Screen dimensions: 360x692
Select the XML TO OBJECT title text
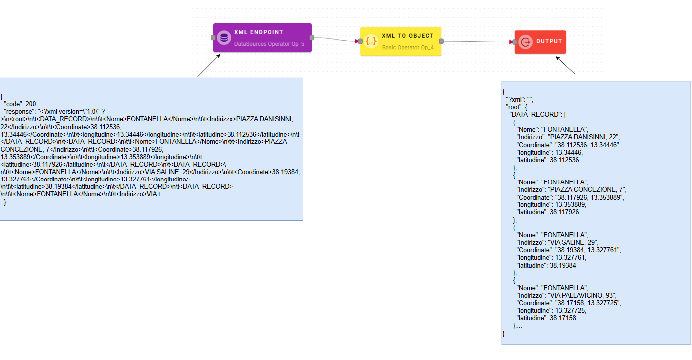coord(407,36)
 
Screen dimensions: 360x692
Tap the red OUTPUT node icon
coord(525,42)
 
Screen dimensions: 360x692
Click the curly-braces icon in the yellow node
coord(371,42)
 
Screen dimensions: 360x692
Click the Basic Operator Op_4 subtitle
coord(408,47)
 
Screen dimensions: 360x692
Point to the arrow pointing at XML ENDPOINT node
coord(209,65)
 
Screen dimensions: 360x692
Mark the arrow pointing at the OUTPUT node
coord(566,65)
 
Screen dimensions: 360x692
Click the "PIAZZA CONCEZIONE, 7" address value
coord(587,189)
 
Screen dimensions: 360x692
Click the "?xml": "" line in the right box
coord(519,99)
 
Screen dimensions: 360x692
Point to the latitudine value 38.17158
coord(563,318)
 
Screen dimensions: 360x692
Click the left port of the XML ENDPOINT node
coord(213,38)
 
